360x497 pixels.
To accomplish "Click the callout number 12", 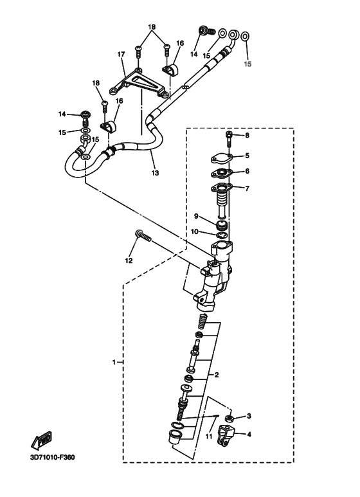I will pyautogui.click(x=129, y=260).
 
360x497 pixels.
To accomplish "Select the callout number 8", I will pyautogui.click(x=246, y=135).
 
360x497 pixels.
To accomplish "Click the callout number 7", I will pyautogui.click(x=246, y=188).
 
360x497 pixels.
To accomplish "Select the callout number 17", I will pyautogui.click(x=120, y=55).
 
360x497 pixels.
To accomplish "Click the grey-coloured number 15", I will pyautogui.click(x=248, y=64).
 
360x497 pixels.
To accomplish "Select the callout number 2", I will pyautogui.click(x=217, y=374).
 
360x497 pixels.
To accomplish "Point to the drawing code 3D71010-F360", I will pyautogui.click(x=52, y=458).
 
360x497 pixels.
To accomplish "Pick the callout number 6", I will pyautogui.click(x=246, y=172).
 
